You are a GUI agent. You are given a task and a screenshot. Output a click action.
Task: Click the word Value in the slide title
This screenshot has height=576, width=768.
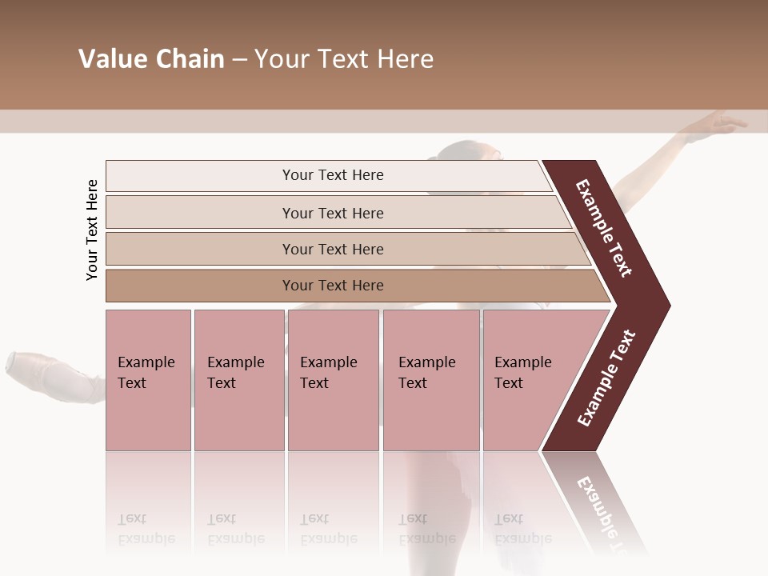click(112, 59)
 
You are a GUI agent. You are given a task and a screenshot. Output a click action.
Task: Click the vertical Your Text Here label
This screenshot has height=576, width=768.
click(92, 230)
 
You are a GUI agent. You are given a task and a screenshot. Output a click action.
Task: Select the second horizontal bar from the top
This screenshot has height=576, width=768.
click(332, 213)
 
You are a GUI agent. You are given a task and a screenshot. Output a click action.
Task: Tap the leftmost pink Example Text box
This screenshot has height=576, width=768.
click(148, 379)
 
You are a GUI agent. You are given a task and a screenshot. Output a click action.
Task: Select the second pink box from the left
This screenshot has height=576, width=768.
click(238, 379)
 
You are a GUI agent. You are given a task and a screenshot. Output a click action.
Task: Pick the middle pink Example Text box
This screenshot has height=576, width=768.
click(333, 379)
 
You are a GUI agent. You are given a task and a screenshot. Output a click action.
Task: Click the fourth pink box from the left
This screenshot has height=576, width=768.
click(430, 379)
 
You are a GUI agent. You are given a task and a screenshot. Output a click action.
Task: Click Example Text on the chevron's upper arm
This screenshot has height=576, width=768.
click(604, 228)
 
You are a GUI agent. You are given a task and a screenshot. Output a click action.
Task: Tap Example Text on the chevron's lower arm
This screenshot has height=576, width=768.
click(606, 378)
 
